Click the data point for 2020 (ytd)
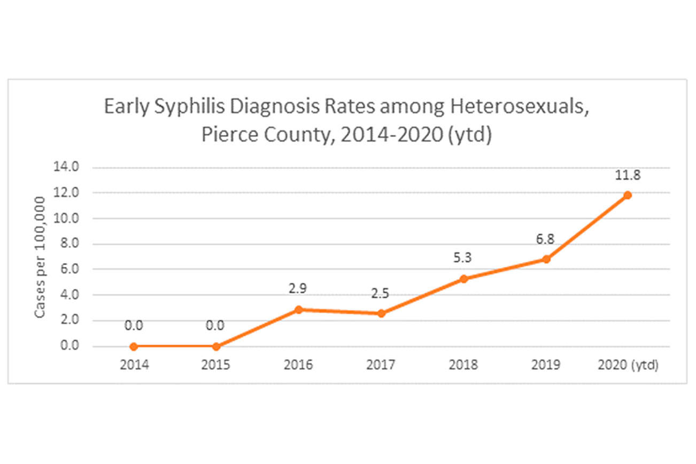pyautogui.click(x=628, y=195)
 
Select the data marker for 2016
pyautogui.click(x=299, y=310)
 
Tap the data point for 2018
pyautogui.click(x=463, y=279)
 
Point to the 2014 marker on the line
pyautogui.click(x=134, y=346)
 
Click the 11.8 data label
pyautogui.click(x=628, y=175)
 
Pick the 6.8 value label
pyautogui.click(x=545, y=239)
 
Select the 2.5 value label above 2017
pyautogui.click(x=381, y=294)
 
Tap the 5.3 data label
pyautogui.click(x=463, y=259)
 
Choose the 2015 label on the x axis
pyautogui.click(x=216, y=366)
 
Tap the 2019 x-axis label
pyautogui.click(x=545, y=366)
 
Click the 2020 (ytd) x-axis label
pyautogui.click(x=628, y=366)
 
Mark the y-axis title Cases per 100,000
pyautogui.click(x=40, y=257)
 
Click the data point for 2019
pyautogui.click(x=545, y=259)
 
